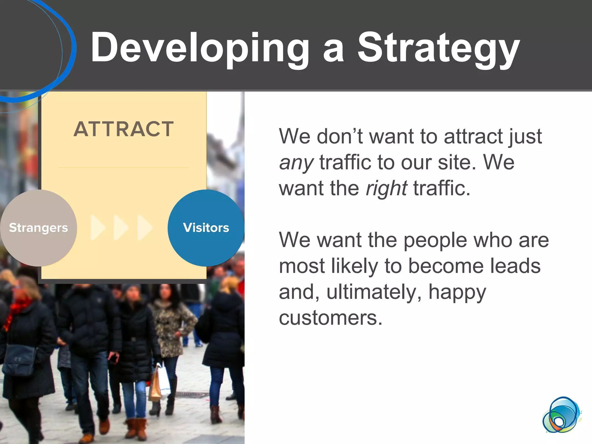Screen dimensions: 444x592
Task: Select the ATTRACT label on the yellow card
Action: [x=124, y=129]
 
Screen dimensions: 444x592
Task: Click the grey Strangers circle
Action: [x=38, y=228]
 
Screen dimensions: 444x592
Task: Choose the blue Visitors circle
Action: [x=206, y=228]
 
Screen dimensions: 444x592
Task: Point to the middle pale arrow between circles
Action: [x=121, y=227]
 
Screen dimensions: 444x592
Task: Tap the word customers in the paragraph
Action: [x=330, y=318]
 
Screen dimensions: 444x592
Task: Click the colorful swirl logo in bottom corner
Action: [x=561, y=415]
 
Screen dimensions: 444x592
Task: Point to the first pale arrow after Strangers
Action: [x=97, y=227]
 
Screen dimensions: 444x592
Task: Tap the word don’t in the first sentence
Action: [x=340, y=136]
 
